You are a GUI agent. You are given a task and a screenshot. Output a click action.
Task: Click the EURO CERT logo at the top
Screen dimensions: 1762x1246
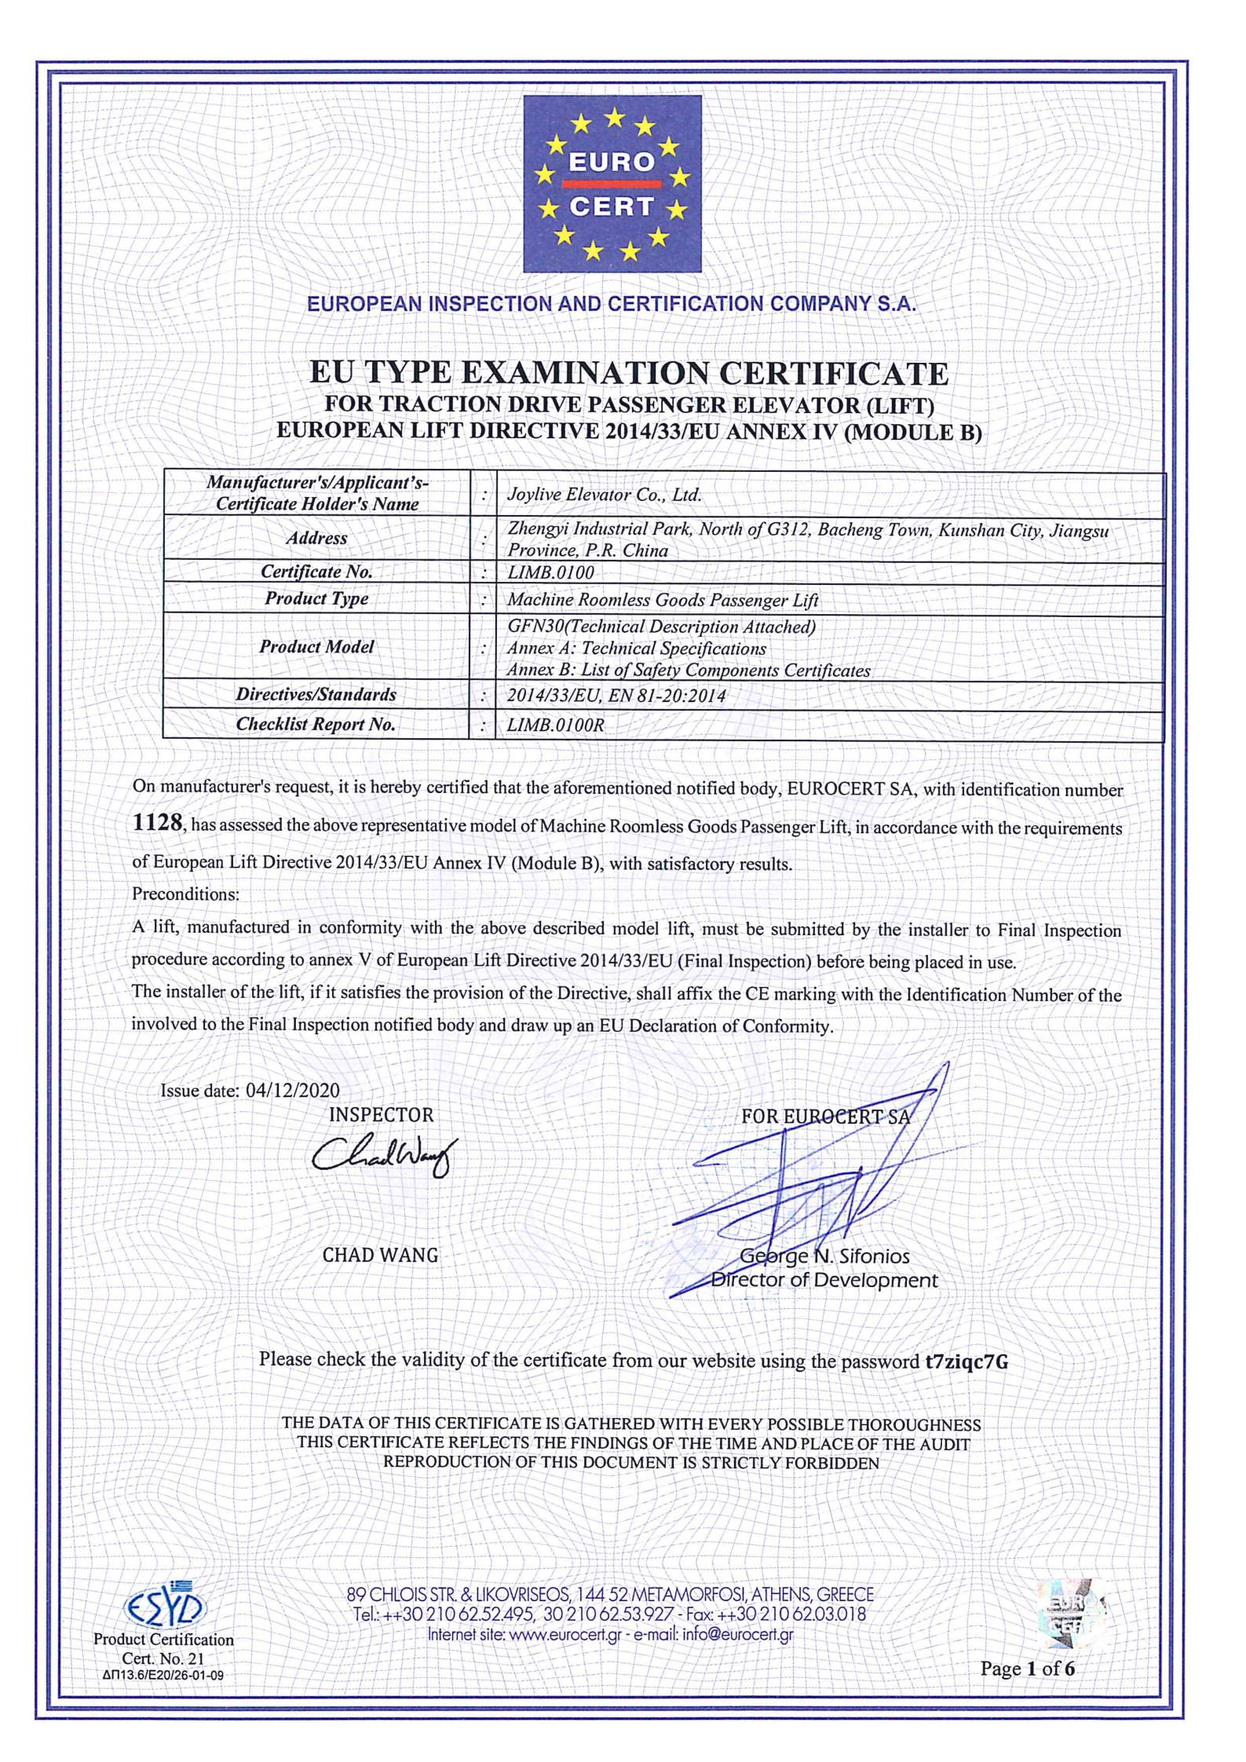pyautogui.click(x=612, y=184)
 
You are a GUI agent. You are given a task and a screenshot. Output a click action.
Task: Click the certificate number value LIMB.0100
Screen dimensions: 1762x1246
pyautogui.click(x=550, y=572)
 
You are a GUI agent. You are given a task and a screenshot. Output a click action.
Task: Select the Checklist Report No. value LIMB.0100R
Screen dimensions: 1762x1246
pyautogui.click(x=555, y=725)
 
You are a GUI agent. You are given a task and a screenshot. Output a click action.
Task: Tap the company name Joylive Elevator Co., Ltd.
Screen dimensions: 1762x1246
pyautogui.click(x=604, y=495)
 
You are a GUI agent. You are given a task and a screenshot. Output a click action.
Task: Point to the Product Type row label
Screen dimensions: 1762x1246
pyautogui.click(x=316, y=598)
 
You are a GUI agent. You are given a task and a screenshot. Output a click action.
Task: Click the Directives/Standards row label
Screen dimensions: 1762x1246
pyautogui.click(x=316, y=694)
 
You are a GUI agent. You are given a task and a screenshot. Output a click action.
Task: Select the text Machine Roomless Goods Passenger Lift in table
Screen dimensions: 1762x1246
pyautogui.click(x=662, y=600)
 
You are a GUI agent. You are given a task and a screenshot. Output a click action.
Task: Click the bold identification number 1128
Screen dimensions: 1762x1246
pyautogui.click(x=157, y=823)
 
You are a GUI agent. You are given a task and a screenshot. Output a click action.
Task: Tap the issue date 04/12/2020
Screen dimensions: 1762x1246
pyautogui.click(x=292, y=1090)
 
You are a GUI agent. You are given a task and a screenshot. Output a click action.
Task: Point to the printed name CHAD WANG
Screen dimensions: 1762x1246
pyautogui.click(x=380, y=1255)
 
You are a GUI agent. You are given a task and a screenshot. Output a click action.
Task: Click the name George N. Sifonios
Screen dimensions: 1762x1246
pyautogui.click(x=824, y=1256)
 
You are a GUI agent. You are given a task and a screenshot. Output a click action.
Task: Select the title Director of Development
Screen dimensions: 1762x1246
pyautogui.click(x=824, y=1280)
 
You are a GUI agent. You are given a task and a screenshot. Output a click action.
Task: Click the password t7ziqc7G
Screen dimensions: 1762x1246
pyautogui.click(x=966, y=1362)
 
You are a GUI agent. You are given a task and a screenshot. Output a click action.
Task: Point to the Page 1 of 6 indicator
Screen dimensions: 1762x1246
pyautogui.click(x=1027, y=1668)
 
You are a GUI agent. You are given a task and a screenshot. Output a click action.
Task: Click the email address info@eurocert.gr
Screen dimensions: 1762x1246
pyautogui.click(x=737, y=1634)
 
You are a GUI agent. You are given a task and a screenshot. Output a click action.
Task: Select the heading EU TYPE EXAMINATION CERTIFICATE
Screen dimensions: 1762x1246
pyautogui.click(x=629, y=373)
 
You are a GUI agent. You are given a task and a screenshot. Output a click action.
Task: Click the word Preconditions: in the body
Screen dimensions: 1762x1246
pyautogui.click(x=185, y=894)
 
